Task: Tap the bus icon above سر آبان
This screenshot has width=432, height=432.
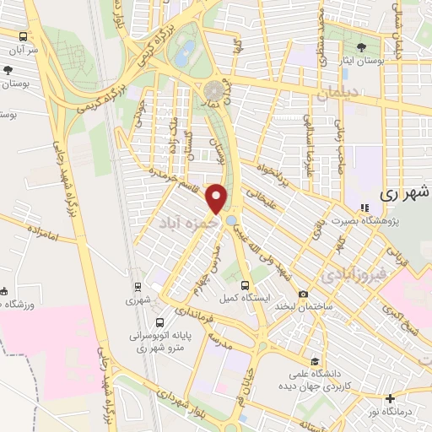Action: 22,37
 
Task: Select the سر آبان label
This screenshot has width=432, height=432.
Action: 22,50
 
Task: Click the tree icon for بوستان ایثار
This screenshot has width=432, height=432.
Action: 362,47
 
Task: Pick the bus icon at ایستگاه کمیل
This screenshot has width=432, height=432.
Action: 245,285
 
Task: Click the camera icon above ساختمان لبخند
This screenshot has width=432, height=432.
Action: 303,294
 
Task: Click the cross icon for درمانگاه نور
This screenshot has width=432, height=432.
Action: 389,399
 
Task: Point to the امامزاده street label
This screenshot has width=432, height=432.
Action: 39,233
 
